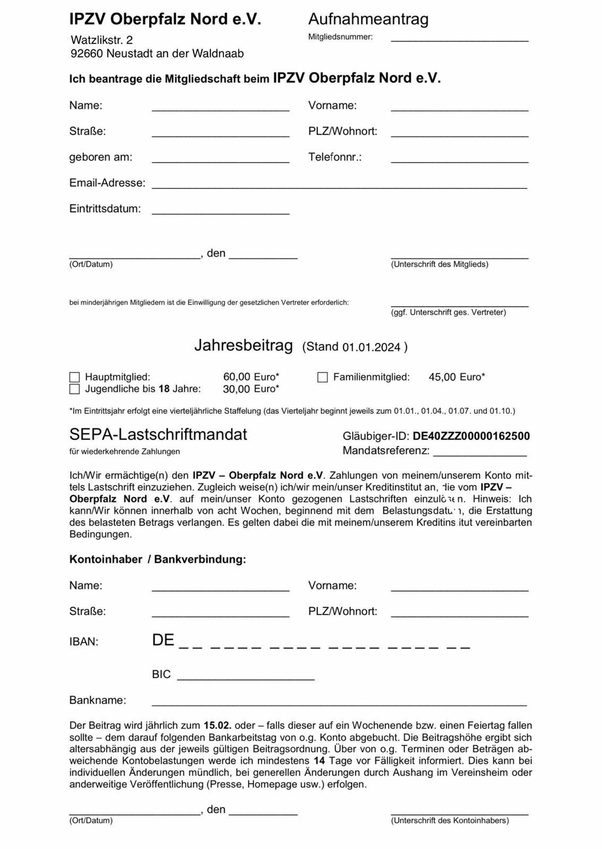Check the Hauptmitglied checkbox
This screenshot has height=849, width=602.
74,377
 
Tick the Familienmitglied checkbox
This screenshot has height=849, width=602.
322,377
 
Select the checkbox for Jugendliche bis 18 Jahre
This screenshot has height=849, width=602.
74,389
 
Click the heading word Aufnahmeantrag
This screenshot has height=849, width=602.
368,19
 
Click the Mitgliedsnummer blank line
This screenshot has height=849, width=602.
459,38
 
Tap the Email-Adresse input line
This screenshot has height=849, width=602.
339,185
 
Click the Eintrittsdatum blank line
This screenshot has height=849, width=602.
220,211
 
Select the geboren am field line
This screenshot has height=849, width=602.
220,160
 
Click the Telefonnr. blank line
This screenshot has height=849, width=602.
459,160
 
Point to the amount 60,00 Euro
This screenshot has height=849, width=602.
251,377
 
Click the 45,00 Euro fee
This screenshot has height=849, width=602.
457,377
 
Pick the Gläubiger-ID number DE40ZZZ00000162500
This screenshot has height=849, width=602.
471,436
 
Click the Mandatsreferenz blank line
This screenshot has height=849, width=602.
480,453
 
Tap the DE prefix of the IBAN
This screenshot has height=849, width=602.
163,640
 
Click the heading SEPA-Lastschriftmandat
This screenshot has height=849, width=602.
158,435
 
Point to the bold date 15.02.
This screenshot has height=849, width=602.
217,725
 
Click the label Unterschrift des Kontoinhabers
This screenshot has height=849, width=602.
450,820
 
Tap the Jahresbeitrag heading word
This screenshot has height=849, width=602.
243,345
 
